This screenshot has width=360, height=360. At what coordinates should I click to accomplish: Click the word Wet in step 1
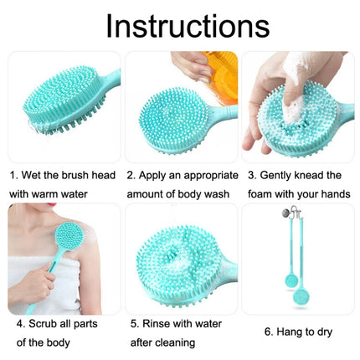[x=36, y=176]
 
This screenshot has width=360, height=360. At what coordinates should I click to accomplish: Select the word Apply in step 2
[x=156, y=176]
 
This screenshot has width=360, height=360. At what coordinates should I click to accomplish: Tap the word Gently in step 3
[x=275, y=176]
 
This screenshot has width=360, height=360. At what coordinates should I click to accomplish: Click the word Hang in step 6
[x=283, y=332]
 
